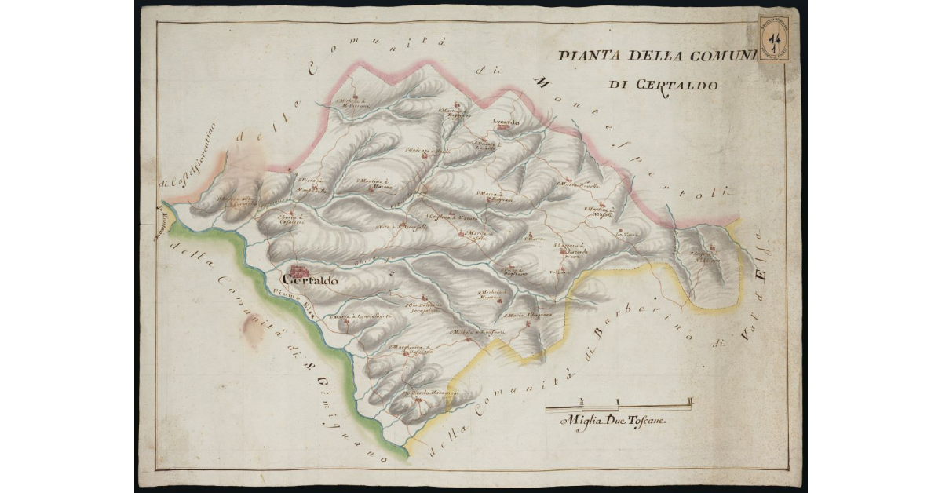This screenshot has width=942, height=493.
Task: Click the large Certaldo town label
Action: [309, 280]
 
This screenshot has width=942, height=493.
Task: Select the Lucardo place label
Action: [506, 122]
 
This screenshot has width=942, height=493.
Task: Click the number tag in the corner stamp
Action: [775, 38]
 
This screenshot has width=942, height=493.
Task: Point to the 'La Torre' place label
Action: [624, 233]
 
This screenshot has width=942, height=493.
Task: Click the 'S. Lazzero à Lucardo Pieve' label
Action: [571, 249]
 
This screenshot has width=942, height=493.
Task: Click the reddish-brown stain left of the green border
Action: [252, 331]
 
